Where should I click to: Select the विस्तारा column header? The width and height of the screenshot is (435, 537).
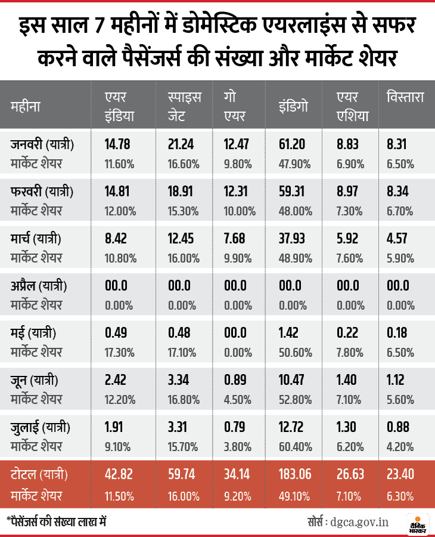[405, 97]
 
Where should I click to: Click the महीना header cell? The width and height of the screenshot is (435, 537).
[26, 107]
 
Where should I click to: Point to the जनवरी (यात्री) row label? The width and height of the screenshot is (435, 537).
[42, 144]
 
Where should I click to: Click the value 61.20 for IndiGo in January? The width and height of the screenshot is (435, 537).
[292, 144]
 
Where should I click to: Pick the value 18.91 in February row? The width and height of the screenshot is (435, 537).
[182, 192]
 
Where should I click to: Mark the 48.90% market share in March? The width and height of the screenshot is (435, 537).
[296, 258]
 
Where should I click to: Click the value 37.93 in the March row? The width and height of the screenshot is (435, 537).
[292, 239]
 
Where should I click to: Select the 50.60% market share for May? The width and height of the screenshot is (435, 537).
[296, 352]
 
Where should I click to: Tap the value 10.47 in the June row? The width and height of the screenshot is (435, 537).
[292, 380]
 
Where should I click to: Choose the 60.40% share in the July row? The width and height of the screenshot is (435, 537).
[296, 446]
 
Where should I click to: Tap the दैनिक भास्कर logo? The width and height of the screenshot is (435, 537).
[417, 521]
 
